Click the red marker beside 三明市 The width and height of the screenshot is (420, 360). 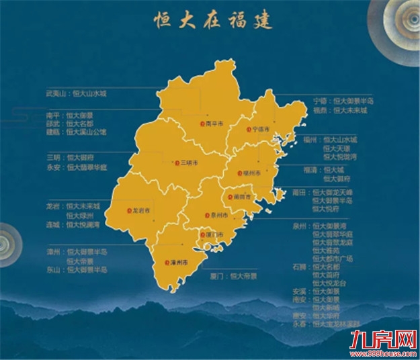tap(175, 162)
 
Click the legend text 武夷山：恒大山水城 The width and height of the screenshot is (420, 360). tap(76, 93)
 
